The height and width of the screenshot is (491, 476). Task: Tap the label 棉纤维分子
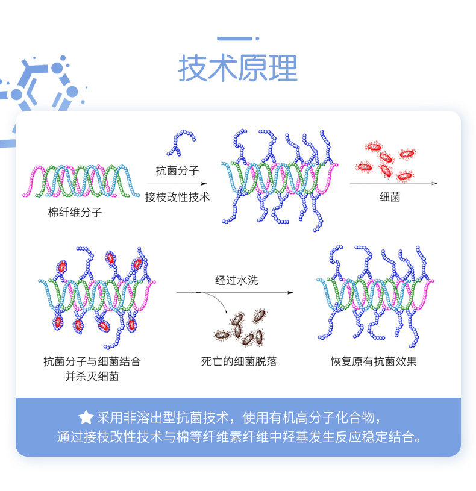click(x=75, y=212)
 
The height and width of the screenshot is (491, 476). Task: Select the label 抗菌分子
click(x=177, y=170)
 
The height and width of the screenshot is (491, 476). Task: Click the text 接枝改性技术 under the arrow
click(x=177, y=196)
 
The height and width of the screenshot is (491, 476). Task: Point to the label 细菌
click(x=390, y=196)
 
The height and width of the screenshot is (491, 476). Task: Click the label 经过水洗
click(x=236, y=280)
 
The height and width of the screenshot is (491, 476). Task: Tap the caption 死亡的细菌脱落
click(x=239, y=361)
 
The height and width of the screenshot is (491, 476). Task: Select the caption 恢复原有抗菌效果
click(x=374, y=361)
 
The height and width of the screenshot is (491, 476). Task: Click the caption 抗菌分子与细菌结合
click(x=92, y=361)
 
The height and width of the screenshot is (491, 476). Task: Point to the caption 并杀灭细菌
click(x=92, y=377)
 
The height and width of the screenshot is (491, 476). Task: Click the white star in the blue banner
click(x=86, y=417)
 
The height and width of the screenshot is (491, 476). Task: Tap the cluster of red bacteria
click(x=386, y=161)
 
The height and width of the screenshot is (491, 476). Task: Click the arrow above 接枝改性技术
click(x=177, y=184)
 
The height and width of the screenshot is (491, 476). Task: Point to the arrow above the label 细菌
click(x=393, y=183)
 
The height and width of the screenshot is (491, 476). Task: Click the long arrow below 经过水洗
click(x=235, y=292)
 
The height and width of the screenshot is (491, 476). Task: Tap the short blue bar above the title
click(x=235, y=39)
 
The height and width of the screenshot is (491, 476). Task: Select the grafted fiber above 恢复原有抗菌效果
click(x=375, y=295)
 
